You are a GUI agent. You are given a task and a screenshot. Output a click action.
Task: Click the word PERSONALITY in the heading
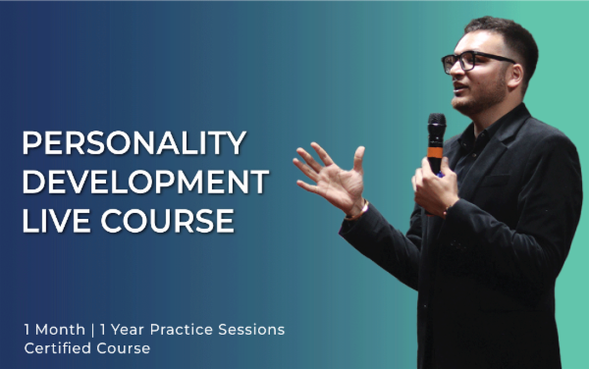click(134, 143)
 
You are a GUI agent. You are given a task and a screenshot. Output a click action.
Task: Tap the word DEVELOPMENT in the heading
click(145, 182)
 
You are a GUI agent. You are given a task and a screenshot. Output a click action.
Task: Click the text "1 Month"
click(55, 329)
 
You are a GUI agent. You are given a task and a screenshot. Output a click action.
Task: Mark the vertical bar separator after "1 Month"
click(94, 329)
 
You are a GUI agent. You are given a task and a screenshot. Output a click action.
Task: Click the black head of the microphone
click(436, 129)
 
